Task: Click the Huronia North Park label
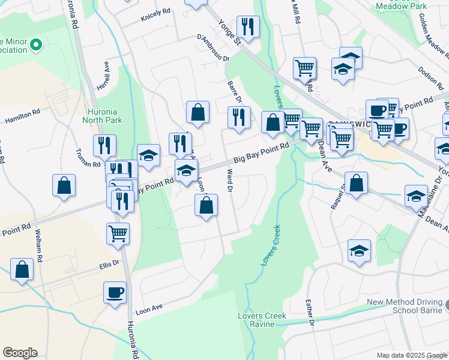(x=105, y=115)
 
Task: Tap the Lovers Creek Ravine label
(x=262, y=320)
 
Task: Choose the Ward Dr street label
(x=229, y=179)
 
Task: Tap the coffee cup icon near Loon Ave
(x=115, y=293)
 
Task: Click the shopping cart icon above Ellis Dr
(x=118, y=233)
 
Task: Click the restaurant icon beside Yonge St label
(x=247, y=26)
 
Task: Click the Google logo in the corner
(x=20, y=353)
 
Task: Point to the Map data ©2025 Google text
(x=411, y=355)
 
